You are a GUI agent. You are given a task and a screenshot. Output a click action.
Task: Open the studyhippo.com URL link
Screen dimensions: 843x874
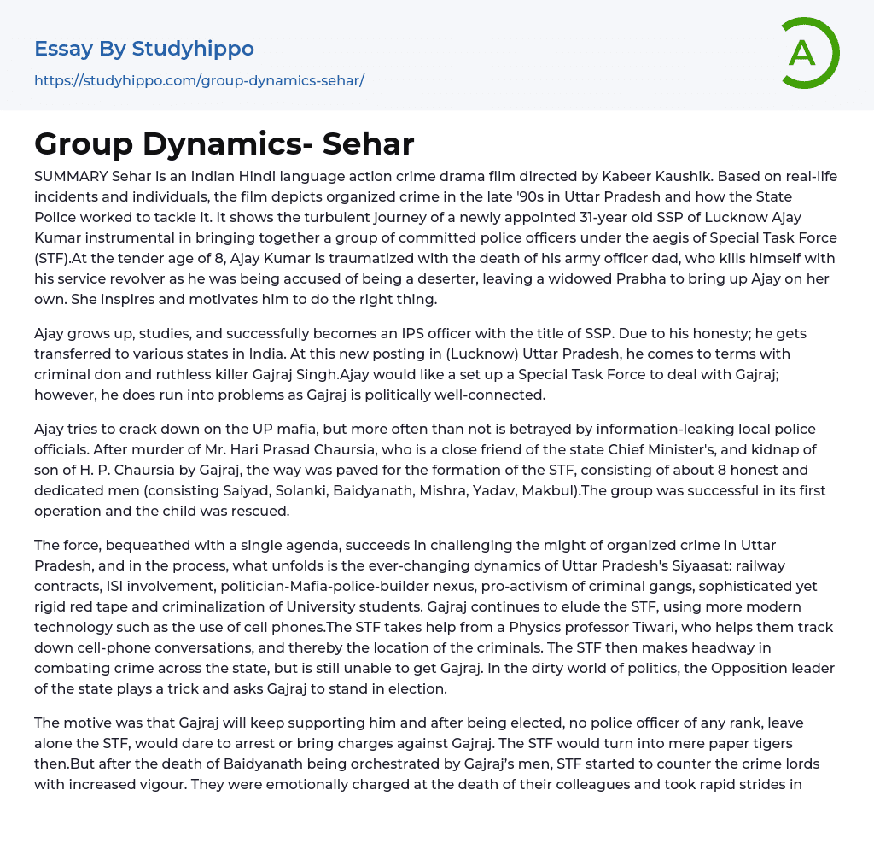pyautogui.click(x=199, y=81)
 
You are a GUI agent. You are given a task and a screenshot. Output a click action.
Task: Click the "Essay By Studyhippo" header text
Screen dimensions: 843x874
pyautogui.click(x=144, y=49)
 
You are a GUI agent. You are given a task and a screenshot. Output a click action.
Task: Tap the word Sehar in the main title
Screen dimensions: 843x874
pyautogui.click(x=369, y=144)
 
